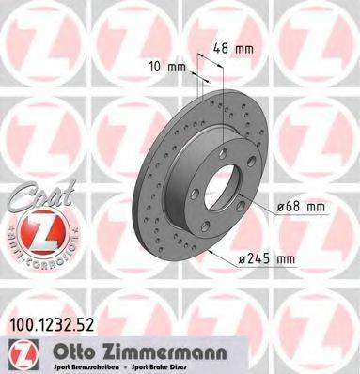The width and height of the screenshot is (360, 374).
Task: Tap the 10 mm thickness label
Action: coord(168,66)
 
